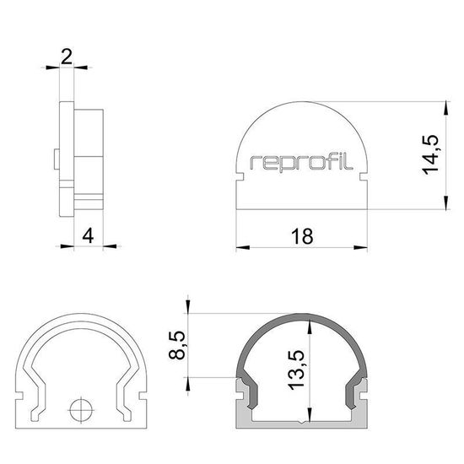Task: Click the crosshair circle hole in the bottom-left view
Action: (81, 411)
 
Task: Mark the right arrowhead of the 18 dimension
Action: (364, 248)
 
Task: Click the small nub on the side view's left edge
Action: (55, 158)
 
